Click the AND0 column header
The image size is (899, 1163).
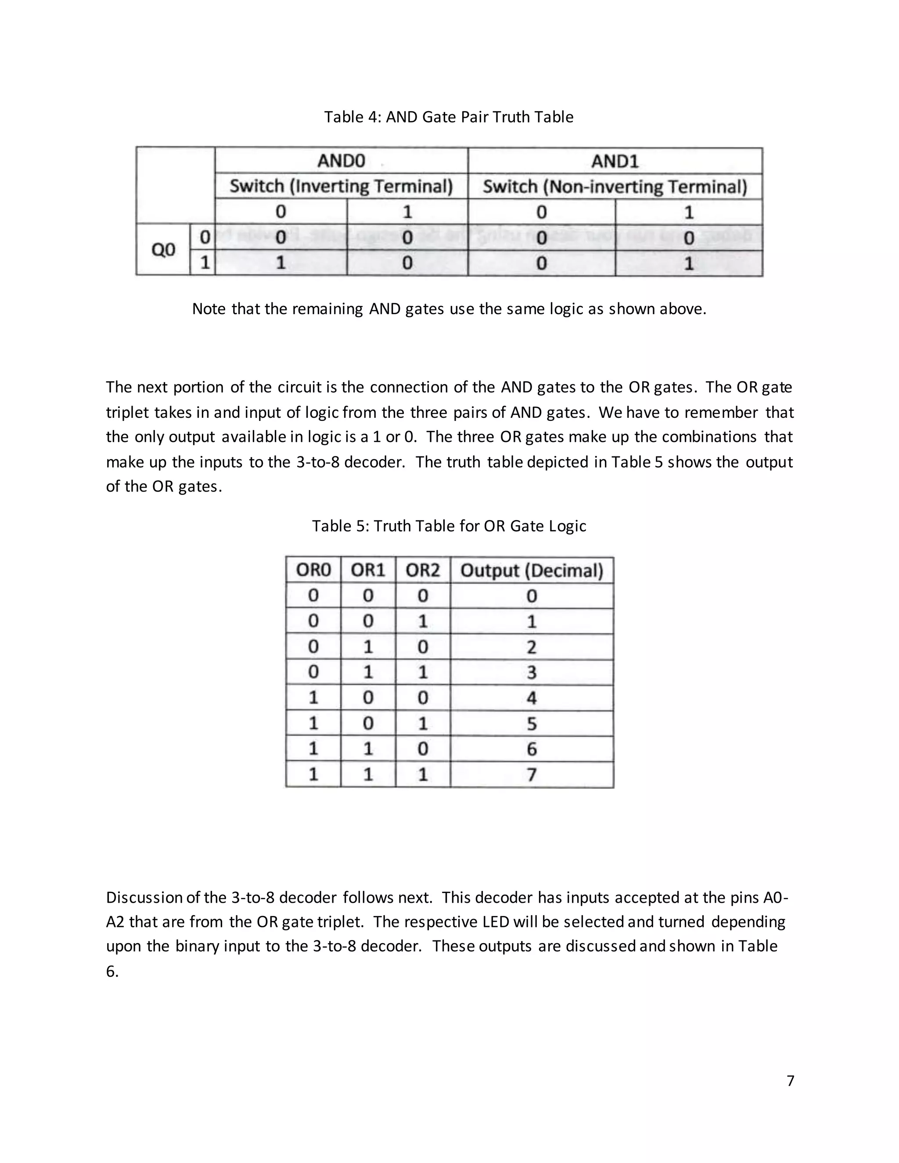341,161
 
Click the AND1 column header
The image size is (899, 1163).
615,161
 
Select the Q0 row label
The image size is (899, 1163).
163,250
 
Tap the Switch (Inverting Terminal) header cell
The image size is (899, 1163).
341,187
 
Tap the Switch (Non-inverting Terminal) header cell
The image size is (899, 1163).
615,187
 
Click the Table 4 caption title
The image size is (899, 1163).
449,117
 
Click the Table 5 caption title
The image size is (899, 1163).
449,526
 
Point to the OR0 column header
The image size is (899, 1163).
313,571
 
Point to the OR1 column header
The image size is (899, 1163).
368,571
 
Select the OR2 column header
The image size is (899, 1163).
423,571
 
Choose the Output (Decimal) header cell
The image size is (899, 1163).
532,571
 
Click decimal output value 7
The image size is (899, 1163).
532,775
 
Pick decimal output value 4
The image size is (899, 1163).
532,698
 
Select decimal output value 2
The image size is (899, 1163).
532,647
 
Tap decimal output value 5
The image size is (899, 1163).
532,724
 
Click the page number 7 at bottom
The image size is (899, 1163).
790,1080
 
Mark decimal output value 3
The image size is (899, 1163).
532,672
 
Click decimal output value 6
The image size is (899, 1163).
532,749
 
